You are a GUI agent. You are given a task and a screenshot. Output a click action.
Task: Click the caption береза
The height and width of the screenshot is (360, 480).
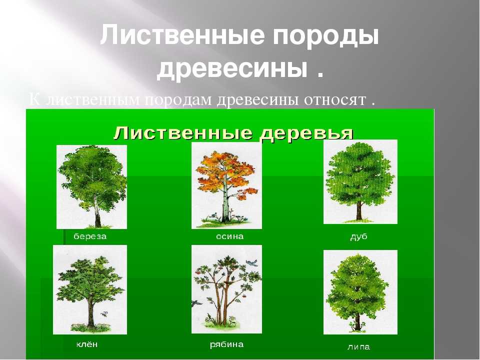90,236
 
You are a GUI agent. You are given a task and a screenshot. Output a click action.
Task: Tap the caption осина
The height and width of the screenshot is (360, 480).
229,236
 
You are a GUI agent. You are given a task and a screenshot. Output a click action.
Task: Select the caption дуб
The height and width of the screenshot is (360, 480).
358,236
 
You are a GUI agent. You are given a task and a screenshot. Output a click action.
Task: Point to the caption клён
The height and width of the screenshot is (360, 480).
86,344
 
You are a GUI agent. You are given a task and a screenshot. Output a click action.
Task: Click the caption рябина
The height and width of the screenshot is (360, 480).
226,344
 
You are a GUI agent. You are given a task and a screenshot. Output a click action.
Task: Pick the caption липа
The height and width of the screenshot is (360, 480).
358,347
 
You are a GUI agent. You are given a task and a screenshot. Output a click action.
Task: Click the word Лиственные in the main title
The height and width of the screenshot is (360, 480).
182,35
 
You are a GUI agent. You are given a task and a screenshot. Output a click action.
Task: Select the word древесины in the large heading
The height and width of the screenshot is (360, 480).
232,69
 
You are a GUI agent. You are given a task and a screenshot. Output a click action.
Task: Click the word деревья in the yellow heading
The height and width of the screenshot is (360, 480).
306,134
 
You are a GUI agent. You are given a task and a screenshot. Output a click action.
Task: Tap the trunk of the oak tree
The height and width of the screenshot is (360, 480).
359,210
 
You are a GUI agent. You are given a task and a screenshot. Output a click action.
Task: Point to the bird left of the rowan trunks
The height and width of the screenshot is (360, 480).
196,303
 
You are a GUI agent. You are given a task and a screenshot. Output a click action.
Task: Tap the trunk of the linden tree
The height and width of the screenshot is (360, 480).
357,321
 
